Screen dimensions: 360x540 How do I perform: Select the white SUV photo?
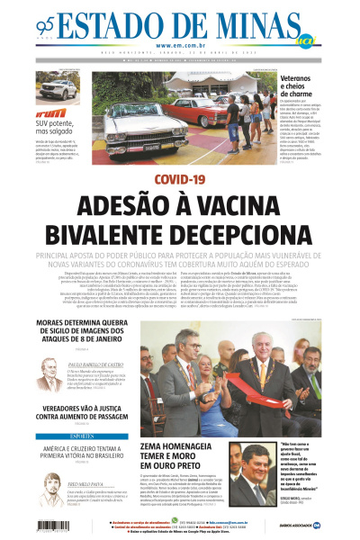point(57,87)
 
